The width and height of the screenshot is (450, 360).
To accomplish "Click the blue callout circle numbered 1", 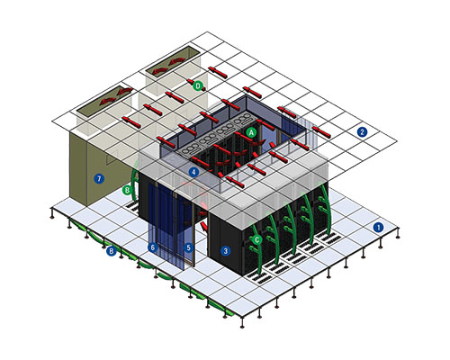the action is (x=378, y=228).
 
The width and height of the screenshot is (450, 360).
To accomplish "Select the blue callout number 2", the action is (x=362, y=131).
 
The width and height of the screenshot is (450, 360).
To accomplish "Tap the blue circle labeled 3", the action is (x=225, y=251).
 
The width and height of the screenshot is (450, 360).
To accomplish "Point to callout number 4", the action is (x=193, y=172).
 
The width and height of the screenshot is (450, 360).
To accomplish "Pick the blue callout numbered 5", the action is (x=188, y=247).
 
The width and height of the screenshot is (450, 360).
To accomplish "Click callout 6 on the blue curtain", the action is (x=153, y=247).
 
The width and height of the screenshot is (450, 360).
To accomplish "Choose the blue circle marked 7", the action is (x=99, y=179).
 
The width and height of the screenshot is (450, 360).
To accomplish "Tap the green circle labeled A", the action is (x=251, y=132).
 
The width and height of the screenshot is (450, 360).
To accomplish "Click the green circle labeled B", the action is (x=127, y=190).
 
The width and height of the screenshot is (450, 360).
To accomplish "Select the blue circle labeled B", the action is (x=112, y=251).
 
